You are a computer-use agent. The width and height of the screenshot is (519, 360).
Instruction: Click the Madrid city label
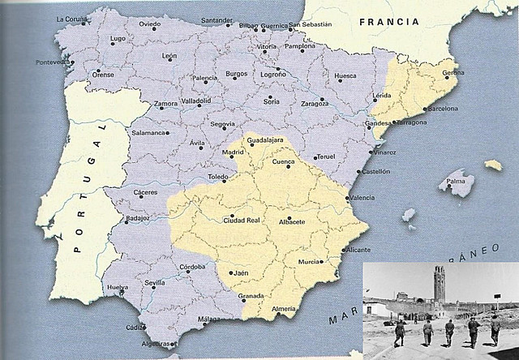pyautogui.click(x=233, y=152)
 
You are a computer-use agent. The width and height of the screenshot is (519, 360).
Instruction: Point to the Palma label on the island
pyautogui.click(x=460, y=182)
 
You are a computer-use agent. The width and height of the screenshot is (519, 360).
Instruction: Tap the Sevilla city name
pyautogui.click(x=154, y=283)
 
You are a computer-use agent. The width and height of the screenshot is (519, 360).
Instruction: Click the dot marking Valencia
pyautogui.click(x=348, y=198)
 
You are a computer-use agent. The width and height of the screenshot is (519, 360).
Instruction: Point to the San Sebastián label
pyautogui.click(x=311, y=24)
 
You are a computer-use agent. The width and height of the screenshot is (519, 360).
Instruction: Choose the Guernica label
pyautogui.click(x=275, y=26)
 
